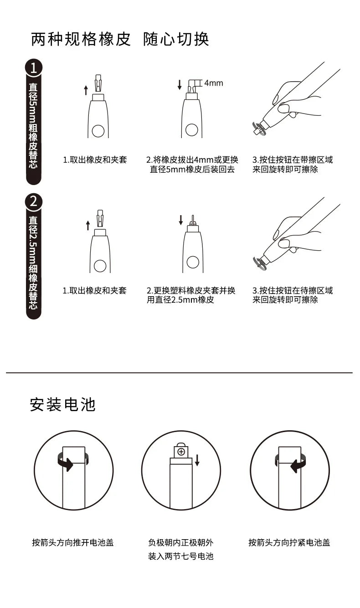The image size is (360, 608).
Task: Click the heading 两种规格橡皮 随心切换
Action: (x=120, y=39)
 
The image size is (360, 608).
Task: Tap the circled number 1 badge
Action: (x=33, y=68)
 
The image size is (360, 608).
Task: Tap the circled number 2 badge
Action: (x=33, y=201)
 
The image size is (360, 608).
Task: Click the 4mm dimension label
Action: (x=213, y=83)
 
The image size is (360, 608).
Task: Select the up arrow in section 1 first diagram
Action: (x=86, y=90)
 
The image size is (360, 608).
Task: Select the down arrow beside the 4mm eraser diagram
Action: (x=180, y=84)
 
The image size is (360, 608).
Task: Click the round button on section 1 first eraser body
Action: (x=98, y=131)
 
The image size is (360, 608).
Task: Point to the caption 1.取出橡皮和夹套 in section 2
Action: (x=94, y=290)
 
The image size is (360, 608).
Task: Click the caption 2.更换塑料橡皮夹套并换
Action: (x=191, y=290)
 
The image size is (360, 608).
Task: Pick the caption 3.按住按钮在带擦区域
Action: (x=293, y=160)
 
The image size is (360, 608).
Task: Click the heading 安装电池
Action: (x=62, y=404)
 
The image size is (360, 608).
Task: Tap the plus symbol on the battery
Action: (x=181, y=452)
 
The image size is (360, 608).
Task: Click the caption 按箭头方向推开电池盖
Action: (x=72, y=542)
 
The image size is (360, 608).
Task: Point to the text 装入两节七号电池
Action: (x=180, y=556)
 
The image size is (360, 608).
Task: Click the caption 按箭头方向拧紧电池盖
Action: (x=289, y=542)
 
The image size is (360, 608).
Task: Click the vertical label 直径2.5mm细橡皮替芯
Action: (x=33, y=262)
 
